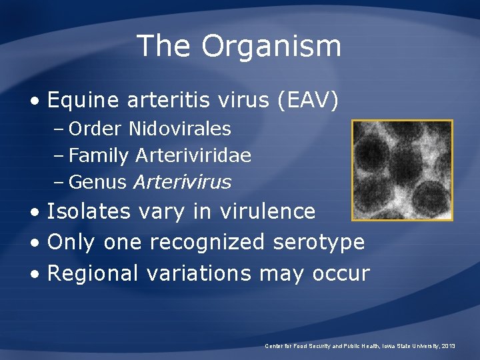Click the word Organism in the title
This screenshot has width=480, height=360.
pyautogui.click(x=271, y=47)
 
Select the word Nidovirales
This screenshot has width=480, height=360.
pyautogui.click(x=180, y=128)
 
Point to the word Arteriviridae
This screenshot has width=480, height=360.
pyautogui.click(x=193, y=155)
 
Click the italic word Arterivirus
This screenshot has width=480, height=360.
pyautogui.click(x=182, y=181)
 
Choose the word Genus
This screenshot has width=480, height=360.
pyautogui.click(x=97, y=181)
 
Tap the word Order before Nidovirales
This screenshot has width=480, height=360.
pyautogui.click(x=96, y=128)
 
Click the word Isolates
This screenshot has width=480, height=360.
pyautogui.click(x=89, y=211)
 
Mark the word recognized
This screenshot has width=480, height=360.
pyautogui.click(x=207, y=242)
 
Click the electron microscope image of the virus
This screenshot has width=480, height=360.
pyautogui.click(x=402, y=170)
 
